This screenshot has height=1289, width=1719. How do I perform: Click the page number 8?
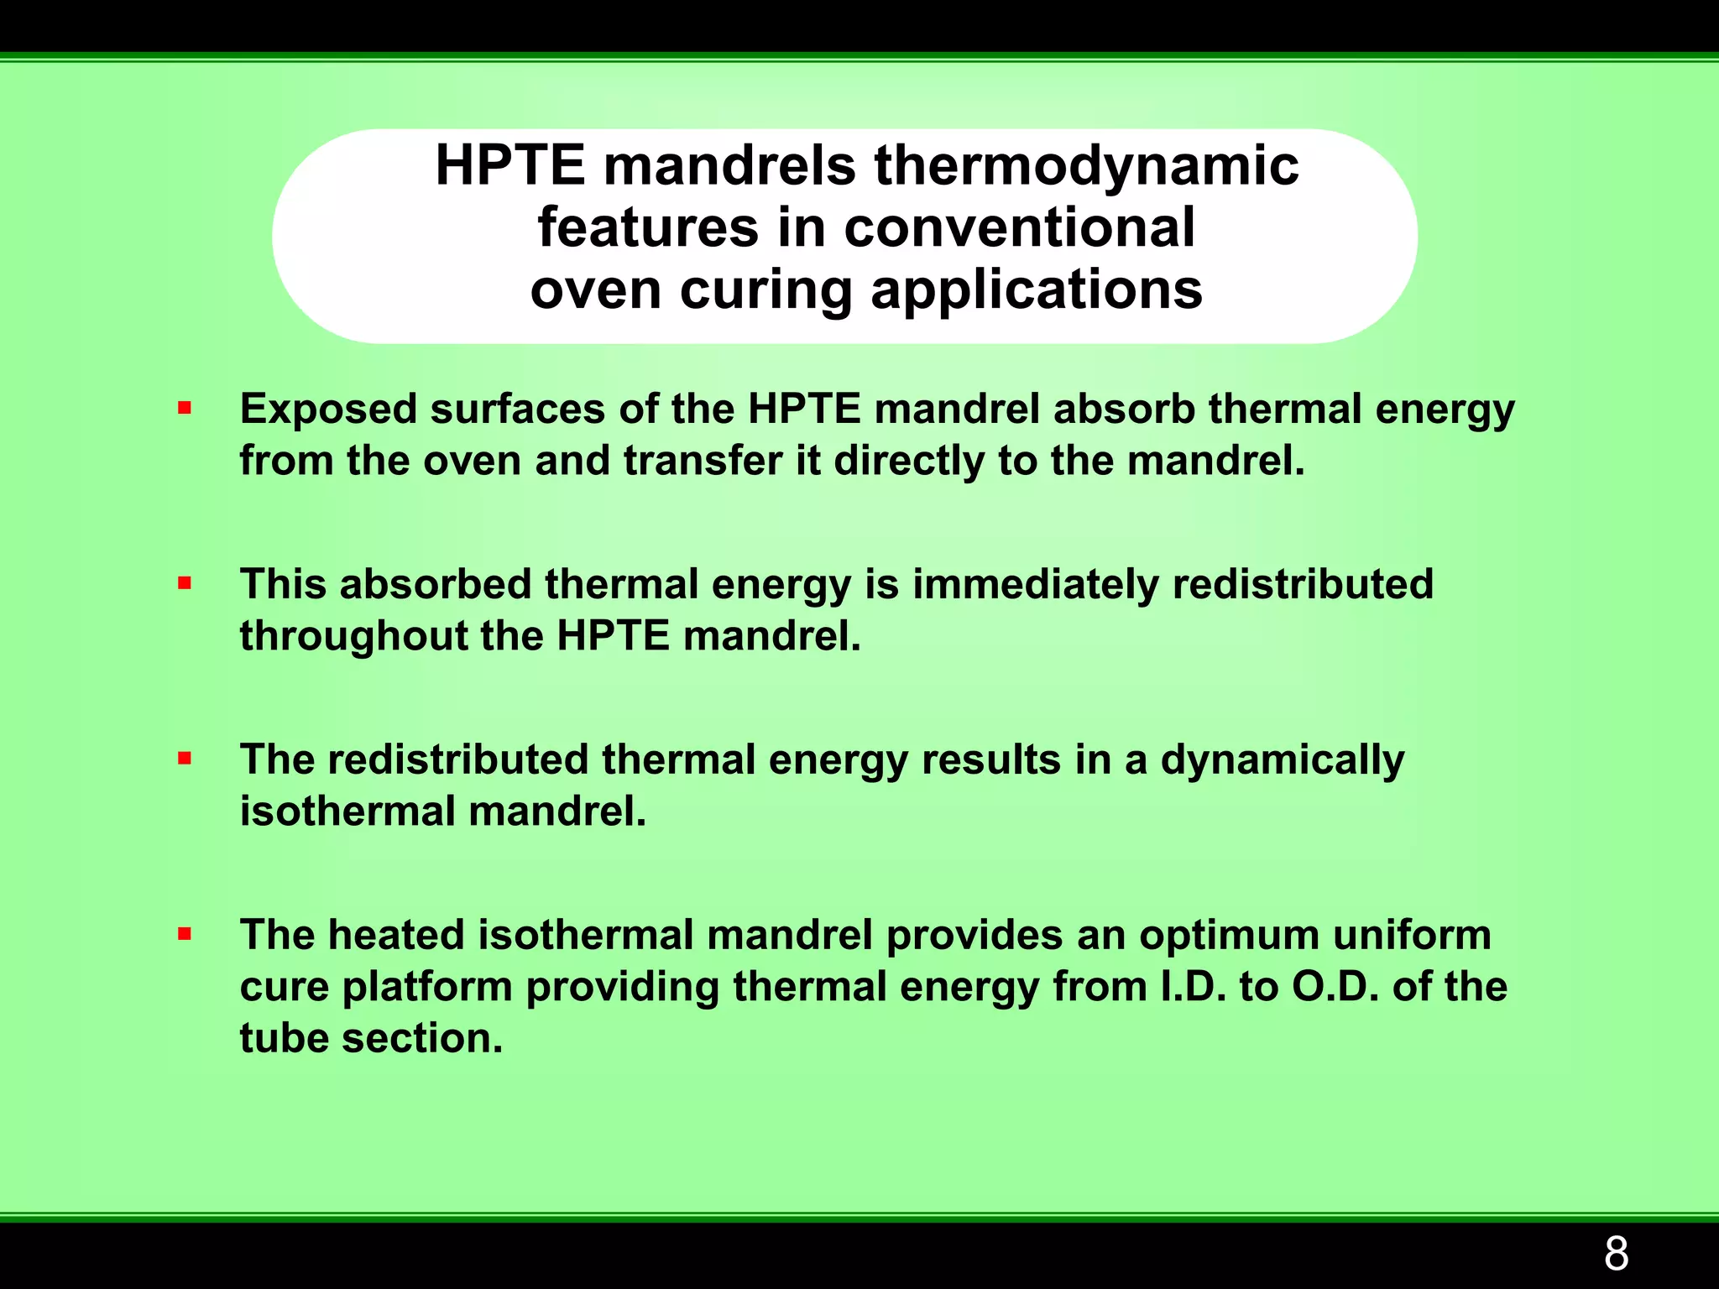pyautogui.click(x=1616, y=1254)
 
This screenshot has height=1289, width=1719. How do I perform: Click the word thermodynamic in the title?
pyautogui.click(x=1087, y=166)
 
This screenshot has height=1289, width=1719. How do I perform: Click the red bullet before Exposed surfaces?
pyautogui.click(x=185, y=409)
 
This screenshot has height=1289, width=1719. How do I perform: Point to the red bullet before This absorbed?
pyautogui.click(x=185, y=583)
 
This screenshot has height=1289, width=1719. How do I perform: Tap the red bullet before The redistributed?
pyautogui.click(x=185, y=759)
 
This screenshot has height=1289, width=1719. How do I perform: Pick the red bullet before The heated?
pyautogui.click(x=185, y=934)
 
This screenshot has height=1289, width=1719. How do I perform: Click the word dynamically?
pyautogui.click(x=1282, y=760)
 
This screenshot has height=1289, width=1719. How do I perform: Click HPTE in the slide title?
pyautogui.click(x=509, y=166)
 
